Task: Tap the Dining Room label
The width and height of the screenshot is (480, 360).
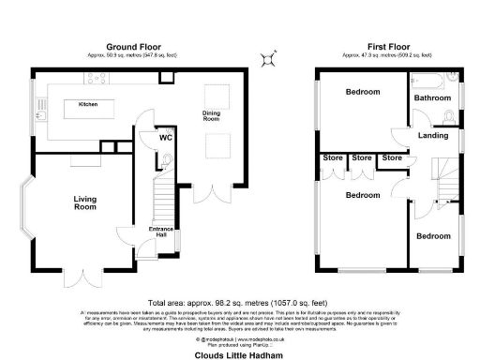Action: (x=212, y=115)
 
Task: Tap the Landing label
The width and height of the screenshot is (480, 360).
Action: (x=432, y=136)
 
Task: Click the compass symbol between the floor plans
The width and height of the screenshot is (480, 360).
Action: (x=270, y=58)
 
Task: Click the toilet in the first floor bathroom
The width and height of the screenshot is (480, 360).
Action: (x=448, y=116)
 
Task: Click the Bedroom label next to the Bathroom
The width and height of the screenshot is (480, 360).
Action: (x=362, y=92)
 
